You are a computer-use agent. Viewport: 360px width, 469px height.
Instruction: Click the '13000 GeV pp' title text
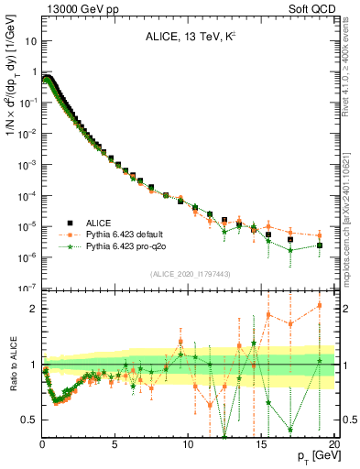click(79, 8)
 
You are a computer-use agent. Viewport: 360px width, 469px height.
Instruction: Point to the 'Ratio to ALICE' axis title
click(12, 365)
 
